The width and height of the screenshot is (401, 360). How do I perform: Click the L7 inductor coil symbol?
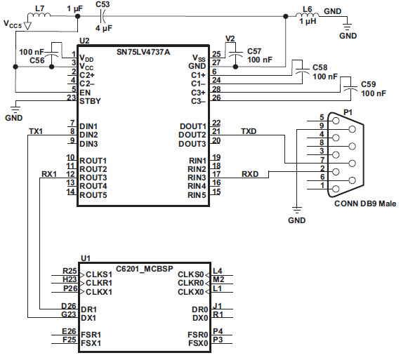39,15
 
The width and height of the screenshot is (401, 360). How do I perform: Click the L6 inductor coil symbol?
308,15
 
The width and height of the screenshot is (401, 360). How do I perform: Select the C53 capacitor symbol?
103,16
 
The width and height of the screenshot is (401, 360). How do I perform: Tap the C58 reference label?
320,67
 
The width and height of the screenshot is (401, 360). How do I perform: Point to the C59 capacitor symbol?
350,88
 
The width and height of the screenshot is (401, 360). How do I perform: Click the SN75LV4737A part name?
143,52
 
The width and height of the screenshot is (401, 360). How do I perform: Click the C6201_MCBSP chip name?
145,269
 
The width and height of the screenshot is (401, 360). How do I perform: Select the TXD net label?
249,131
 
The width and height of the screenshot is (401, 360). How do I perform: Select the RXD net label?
250,174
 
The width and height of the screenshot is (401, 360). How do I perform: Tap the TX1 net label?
36,131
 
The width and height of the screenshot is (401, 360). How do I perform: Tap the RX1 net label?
49,174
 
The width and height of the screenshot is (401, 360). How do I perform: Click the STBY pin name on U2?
90,101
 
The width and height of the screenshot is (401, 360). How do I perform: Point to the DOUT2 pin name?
192,135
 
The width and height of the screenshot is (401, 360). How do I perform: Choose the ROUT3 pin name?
93,178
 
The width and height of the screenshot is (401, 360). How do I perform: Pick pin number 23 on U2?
72,98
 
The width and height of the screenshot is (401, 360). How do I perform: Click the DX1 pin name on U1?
88,318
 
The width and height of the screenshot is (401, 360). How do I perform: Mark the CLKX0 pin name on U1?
191,292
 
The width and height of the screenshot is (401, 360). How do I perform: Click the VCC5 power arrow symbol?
27,25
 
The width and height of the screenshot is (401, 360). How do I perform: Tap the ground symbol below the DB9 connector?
296,210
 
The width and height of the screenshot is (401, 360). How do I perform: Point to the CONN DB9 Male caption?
365,204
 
